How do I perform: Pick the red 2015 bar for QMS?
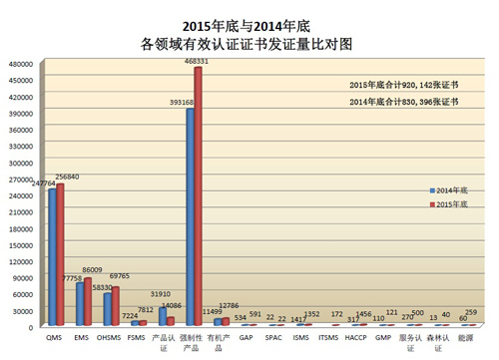(x=60, y=254)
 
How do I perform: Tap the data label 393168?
(x=182, y=103)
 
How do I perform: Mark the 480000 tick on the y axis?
(x=22, y=65)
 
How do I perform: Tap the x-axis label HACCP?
(x=355, y=338)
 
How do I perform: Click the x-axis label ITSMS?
(x=327, y=338)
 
